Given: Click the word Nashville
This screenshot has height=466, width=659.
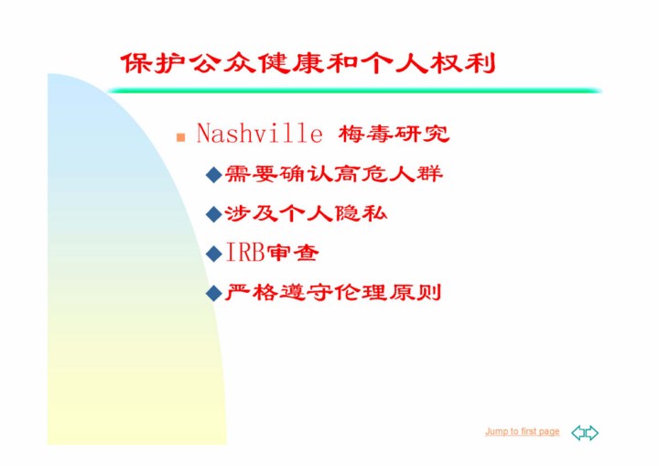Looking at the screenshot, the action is coord(259,134).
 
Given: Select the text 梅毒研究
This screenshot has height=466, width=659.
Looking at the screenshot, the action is coord(394,135).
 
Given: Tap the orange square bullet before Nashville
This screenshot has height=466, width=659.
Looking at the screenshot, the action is coord(180,137).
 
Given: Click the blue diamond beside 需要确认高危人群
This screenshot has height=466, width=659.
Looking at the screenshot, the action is coord(214,174).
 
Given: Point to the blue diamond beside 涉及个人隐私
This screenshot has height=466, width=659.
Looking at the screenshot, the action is coord(214,214).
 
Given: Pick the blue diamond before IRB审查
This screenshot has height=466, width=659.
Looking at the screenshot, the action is coord(214,254).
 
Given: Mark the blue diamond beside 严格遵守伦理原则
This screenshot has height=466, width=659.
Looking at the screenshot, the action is coord(214,293).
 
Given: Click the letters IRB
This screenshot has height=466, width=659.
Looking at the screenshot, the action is coord(245,253).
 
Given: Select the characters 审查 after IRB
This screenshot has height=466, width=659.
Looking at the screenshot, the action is coord(293,254).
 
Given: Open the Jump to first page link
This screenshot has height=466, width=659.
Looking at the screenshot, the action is coord(523,431).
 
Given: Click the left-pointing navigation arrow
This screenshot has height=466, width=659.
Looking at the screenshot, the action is coord(578,433).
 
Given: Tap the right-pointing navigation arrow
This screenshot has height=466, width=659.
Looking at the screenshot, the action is coord(592,433).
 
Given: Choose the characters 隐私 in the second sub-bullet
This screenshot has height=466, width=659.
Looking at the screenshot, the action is coord(361,213).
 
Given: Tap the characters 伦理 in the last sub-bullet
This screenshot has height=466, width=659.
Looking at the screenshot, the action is coord(360,293).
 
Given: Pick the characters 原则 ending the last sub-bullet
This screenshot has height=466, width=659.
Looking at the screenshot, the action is coord(415,293).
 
